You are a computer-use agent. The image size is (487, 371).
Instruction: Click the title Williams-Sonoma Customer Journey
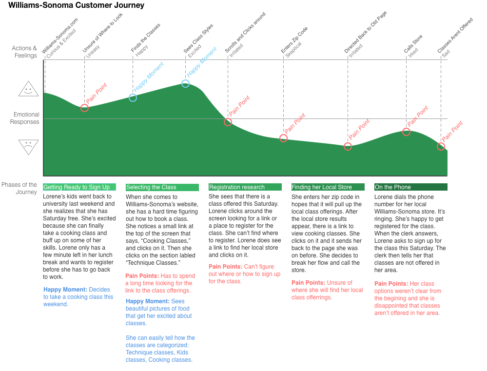pos(76,5)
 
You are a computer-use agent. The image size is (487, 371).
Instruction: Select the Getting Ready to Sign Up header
pos(79,187)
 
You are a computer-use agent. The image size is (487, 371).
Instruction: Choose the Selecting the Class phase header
pos(162,187)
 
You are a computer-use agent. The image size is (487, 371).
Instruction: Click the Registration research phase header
pos(245,187)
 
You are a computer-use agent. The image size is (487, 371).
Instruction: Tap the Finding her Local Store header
pos(328,187)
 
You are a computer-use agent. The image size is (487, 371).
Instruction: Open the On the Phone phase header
pos(411,187)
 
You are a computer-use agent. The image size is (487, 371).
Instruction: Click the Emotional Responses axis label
pos(24,118)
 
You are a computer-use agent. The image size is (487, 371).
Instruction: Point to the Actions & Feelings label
pos(24,52)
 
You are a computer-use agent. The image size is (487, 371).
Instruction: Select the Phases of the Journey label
pos(19,188)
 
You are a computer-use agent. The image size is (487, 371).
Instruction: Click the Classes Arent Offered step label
pos(455,35)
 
